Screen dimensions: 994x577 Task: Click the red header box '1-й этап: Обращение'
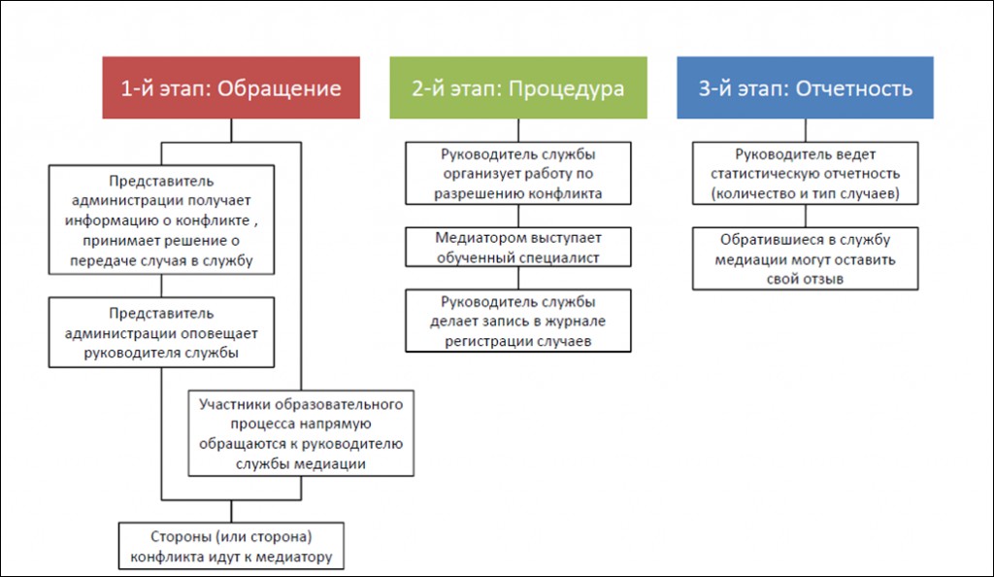pos(231,87)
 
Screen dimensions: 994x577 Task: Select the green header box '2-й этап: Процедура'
pos(518,87)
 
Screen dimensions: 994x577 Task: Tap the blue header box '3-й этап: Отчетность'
pos(805,87)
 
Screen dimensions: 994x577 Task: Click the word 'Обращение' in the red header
pos(279,88)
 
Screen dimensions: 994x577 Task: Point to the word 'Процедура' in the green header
pos(566,89)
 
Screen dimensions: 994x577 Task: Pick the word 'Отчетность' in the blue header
pos(854,88)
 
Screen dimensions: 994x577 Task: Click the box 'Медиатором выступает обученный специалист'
pos(518,248)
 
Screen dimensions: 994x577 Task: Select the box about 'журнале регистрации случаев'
pos(518,321)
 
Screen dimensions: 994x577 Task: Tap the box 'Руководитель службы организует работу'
pos(518,173)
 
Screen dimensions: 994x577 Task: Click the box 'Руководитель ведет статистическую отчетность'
pos(805,173)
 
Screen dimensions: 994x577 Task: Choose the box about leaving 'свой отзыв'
pos(805,258)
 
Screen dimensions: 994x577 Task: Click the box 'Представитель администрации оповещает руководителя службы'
pos(162,332)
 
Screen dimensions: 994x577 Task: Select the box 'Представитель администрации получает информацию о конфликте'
pos(162,221)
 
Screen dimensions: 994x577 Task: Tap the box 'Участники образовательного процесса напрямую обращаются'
pos(301,433)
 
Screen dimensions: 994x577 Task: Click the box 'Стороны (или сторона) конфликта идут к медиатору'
pos(231,546)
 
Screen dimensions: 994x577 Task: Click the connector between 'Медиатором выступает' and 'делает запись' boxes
pos(518,279)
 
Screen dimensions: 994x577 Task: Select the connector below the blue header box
pos(805,130)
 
